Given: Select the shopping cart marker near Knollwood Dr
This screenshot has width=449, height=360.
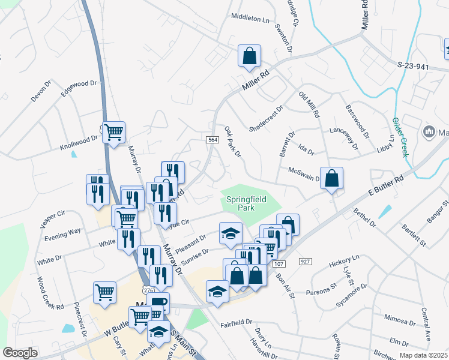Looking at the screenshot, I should (113, 132).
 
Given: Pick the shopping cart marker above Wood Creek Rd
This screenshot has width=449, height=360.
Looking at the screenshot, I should (105, 292).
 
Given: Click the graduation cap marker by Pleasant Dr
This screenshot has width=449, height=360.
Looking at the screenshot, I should (230, 234).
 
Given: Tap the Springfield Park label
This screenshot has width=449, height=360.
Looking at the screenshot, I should (246, 203).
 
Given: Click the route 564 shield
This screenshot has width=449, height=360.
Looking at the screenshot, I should (212, 140).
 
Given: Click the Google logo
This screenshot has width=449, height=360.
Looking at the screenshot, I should (20, 353).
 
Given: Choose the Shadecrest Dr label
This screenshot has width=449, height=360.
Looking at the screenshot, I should (266, 119).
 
